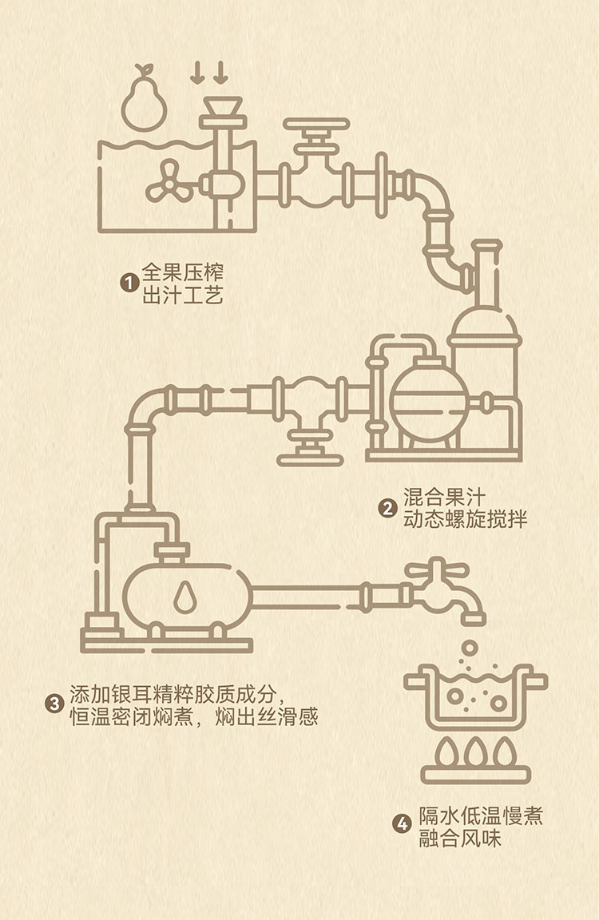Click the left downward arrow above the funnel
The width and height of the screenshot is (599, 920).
click(x=197, y=74)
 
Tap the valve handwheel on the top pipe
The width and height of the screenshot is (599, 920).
click(x=316, y=125)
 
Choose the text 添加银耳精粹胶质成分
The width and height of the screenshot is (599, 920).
click(x=177, y=692)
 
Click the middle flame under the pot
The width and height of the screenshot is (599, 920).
click(x=476, y=751)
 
